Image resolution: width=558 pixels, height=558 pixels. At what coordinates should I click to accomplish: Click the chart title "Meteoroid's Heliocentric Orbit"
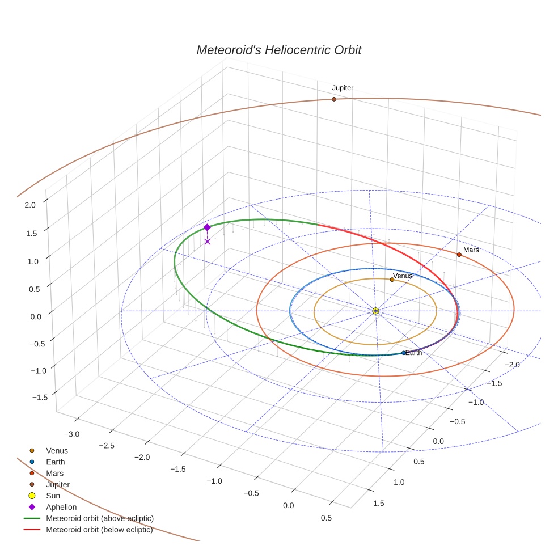[x=278, y=50]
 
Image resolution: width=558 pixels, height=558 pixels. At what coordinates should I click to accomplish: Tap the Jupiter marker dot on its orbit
[x=334, y=99]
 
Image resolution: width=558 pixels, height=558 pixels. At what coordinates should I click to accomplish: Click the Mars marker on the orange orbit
[x=459, y=255]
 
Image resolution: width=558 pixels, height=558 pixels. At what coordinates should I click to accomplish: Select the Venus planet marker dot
[x=392, y=280]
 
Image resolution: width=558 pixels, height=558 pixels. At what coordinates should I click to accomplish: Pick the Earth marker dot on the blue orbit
[x=404, y=353]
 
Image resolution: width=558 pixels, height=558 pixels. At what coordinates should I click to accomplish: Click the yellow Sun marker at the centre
[x=375, y=311]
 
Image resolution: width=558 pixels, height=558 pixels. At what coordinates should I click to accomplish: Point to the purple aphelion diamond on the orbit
[x=207, y=227]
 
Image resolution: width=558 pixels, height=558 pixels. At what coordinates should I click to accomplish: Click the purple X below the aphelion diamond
[x=207, y=242]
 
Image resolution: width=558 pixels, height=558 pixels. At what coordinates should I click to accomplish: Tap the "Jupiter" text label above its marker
[x=343, y=88]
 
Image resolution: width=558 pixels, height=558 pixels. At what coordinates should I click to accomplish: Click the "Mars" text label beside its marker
[x=471, y=250]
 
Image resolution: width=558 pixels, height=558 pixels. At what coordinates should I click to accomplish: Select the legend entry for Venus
[x=57, y=451]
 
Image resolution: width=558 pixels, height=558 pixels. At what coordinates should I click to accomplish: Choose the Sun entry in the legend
[x=53, y=496]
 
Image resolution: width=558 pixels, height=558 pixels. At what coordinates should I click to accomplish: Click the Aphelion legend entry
[x=61, y=507]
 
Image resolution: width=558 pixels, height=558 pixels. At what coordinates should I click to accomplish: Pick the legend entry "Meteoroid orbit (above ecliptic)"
[x=100, y=518]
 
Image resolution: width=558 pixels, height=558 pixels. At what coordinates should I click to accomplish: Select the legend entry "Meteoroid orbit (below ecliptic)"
[x=100, y=530]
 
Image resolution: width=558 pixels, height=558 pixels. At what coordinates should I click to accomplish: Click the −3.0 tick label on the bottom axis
[x=71, y=434]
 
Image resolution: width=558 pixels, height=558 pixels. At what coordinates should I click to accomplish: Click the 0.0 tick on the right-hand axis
[x=438, y=441]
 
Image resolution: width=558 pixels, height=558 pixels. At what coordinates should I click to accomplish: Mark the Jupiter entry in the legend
[x=58, y=485]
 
